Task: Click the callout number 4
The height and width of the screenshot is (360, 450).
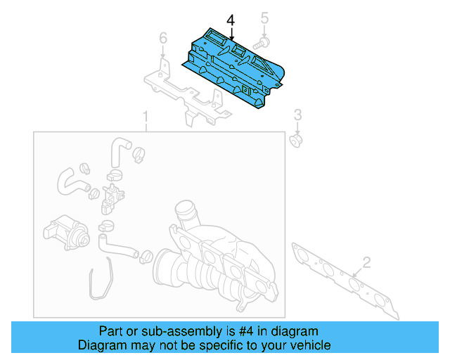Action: coord(231,21)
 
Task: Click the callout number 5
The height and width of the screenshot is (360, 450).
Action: coord(265,17)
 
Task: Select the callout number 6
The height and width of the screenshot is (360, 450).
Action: coord(162,37)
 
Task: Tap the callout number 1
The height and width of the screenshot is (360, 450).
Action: coord(146,115)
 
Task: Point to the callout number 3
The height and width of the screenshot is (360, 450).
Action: coord(297,115)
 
